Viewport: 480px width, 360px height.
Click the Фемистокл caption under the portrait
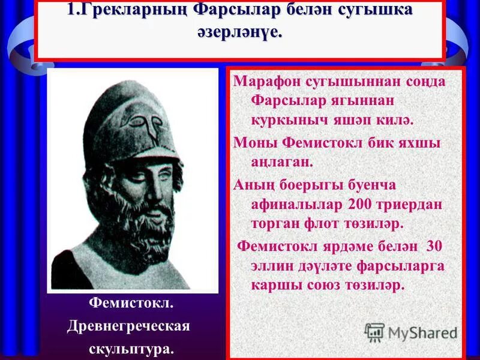click(131, 305)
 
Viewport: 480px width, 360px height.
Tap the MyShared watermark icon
click(374, 332)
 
